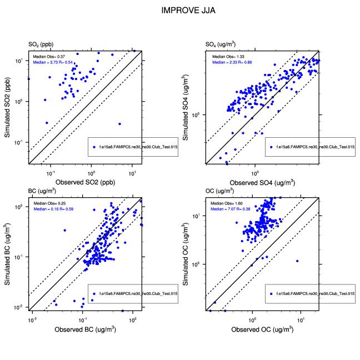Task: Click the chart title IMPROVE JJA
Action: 180,11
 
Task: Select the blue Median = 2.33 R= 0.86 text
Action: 229,62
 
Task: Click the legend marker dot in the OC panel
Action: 271,293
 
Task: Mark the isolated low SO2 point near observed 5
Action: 119,124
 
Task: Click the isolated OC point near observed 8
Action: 297,261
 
